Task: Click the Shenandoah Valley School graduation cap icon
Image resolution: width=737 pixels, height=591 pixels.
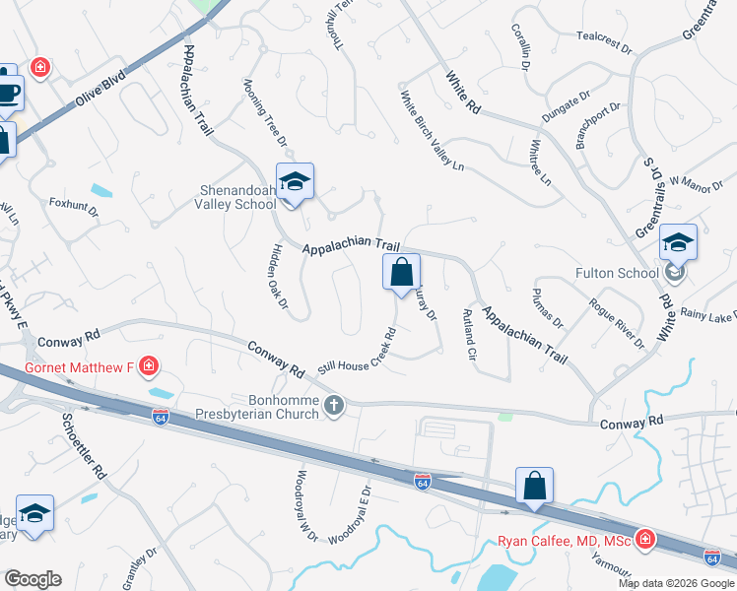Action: [295, 182]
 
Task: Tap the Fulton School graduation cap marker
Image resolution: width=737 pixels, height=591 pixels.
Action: [678, 242]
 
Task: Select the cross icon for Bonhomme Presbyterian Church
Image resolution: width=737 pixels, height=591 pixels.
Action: [334, 405]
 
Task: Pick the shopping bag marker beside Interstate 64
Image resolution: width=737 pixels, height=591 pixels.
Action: [534, 486]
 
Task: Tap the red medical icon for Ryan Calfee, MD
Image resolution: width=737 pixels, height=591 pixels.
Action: [644, 539]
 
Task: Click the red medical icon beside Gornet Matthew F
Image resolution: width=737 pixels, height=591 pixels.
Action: [149, 367]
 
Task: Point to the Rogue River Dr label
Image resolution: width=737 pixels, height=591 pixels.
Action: [616, 324]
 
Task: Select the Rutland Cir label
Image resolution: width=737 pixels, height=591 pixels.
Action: [469, 335]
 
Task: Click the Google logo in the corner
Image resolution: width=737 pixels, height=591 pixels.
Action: [33, 579]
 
